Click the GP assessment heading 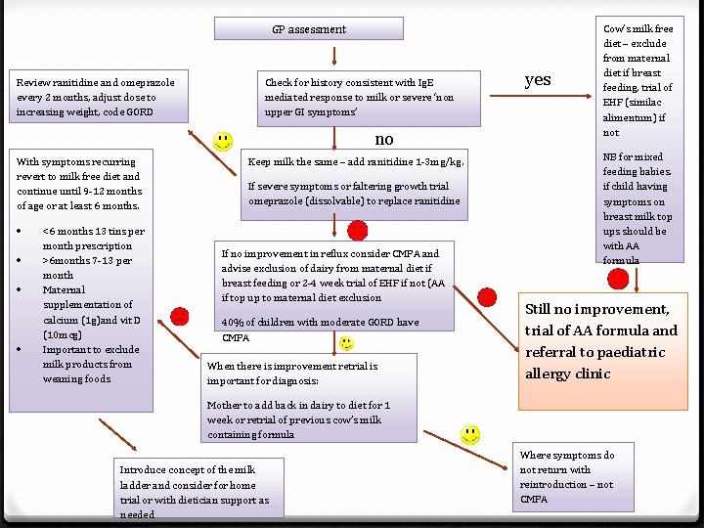(308, 29)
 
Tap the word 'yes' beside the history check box (538, 80)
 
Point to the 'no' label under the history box (384, 139)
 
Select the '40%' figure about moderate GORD (233, 323)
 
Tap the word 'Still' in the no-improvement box (543, 309)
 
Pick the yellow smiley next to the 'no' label (223, 141)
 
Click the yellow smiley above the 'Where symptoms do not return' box (470, 433)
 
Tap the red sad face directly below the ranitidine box (358, 230)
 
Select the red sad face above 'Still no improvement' (618, 279)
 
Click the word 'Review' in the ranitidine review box (34, 82)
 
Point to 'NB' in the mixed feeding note (610, 156)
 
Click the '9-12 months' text (111, 191)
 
